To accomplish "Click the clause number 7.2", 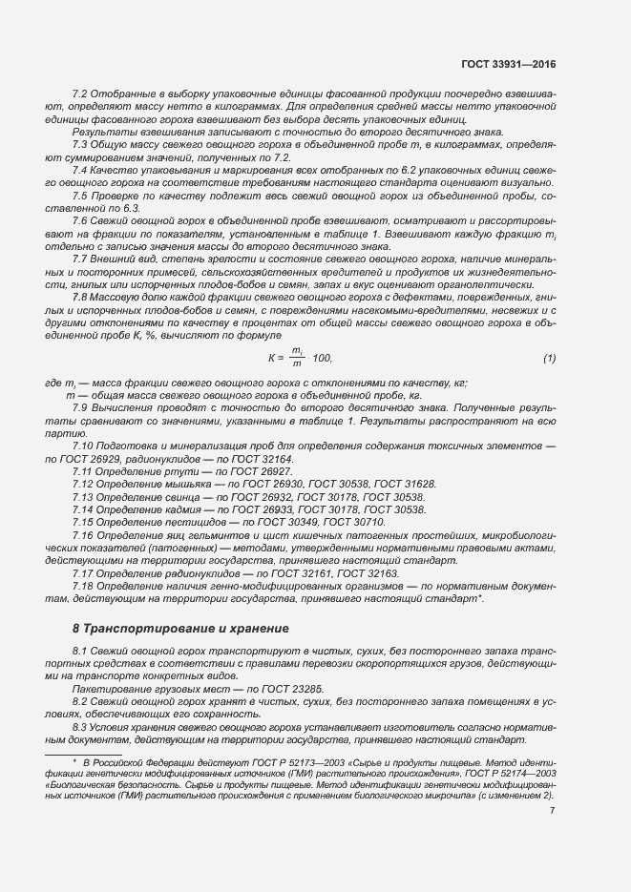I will (81, 93).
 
